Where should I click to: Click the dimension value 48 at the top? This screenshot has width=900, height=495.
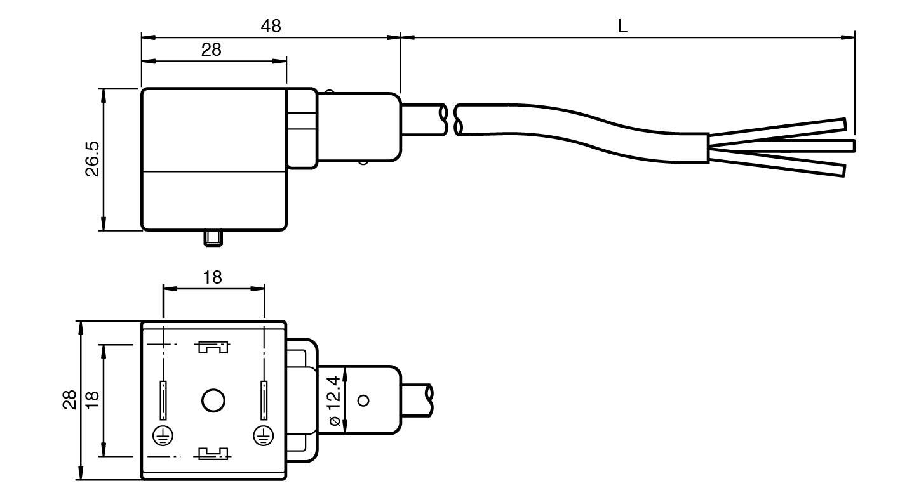coord(271,26)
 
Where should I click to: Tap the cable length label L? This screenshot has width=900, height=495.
coord(622,27)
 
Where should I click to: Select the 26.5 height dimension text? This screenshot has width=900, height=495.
coord(92,159)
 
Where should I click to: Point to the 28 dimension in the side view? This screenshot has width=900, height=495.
coord(212,50)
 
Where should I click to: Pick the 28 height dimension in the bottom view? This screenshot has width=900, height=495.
coord(70,400)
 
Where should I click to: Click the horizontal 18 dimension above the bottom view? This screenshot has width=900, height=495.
coord(212,277)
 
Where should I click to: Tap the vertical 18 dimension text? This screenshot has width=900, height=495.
coord(92,400)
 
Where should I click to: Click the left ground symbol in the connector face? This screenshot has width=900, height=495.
coord(163,435)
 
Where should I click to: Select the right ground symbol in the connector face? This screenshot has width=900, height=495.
coord(264,435)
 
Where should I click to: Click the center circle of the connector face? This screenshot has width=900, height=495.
coord(213,400)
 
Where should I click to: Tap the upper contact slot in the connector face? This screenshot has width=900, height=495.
coord(213,347)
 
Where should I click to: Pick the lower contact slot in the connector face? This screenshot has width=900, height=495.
coord(213,453)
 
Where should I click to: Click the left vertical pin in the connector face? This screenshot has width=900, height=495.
coord(163,400)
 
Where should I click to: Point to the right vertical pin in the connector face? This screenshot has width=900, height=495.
coord(264,400)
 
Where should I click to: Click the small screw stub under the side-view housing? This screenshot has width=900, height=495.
coord(213,238)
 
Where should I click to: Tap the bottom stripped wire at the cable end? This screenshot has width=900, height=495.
coord(781,163)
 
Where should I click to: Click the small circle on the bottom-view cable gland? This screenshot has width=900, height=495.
coord(363,400)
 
